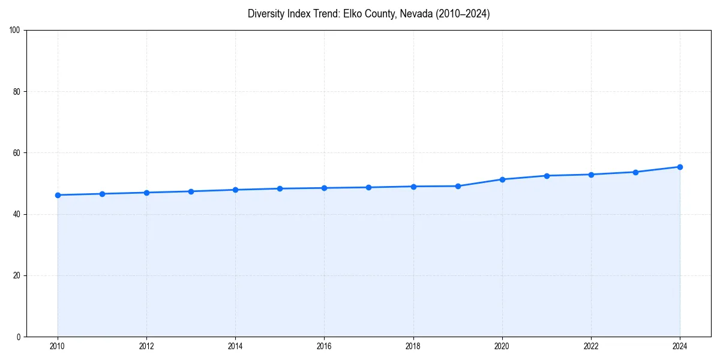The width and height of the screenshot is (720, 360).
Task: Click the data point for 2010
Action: pyautogui.click(x=58, y=195)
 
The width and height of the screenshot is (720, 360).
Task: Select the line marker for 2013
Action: pyautogui.click(x=191, y=191)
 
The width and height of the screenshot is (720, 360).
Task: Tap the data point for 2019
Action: pyautogui.click(x=458, y=186)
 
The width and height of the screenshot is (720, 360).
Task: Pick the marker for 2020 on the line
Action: pyautogui.click(x=502, y=179)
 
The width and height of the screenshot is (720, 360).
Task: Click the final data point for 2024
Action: pyautogui.click(x=680, y=167)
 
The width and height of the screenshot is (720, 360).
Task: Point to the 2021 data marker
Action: pyautogui.click(x=547, y=176)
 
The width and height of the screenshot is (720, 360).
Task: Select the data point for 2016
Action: pyautogui.click(x=324, y=188)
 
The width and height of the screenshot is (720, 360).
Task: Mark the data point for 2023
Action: pyautogui.click(x=635, y=172)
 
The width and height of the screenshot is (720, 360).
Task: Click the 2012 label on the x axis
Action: pyautogui.click(x=146, y=346)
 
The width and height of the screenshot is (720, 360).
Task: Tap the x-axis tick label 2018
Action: pyautogui.click(x=413, y=346)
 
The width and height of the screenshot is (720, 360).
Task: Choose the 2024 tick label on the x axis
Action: pyautogui.click(x=680, y=346)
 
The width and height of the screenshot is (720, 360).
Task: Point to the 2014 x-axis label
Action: pyautogui.click(x=235, y=346)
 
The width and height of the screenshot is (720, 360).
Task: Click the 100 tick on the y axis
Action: pyautogui.click(x=15, y=31)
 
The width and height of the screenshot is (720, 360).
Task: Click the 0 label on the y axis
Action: pyautogui.click(x=19, y=337)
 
